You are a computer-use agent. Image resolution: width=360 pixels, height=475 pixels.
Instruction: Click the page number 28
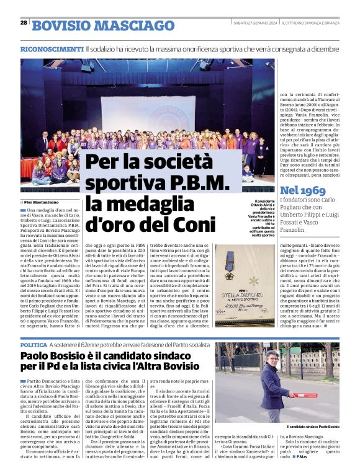[x=24, y=22]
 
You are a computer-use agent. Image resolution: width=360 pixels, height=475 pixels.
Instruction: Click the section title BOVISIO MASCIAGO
[x=103, y=26]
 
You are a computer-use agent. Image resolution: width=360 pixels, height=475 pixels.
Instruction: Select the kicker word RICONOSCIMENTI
[x=52, y=48]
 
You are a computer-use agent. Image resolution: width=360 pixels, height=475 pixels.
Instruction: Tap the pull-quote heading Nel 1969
[x=303, y=190]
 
